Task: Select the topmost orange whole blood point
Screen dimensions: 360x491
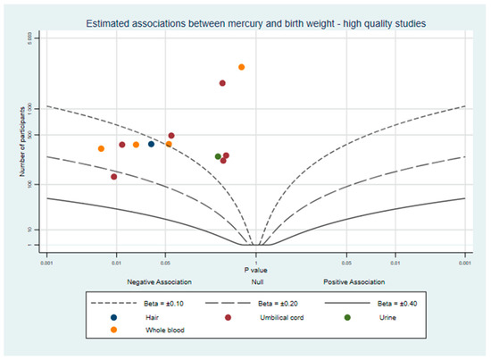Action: pyautogui.click(x=242, y=67)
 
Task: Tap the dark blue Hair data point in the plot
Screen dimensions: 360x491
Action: pyautogui.click(x=151, y=144)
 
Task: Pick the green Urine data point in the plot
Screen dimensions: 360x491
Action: pyautogui.click(x=218, y=156)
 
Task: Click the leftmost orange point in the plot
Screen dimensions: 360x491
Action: pyautogui.click(x=101, y=148)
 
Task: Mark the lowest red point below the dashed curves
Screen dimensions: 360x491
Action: pyautogui.click(x=113, y=177)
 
